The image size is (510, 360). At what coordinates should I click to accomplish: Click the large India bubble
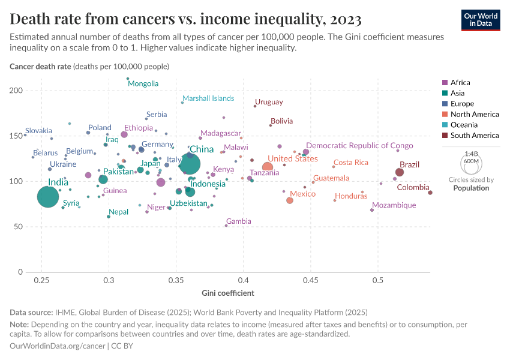[48, 196]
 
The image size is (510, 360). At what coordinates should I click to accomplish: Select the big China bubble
[190, 163]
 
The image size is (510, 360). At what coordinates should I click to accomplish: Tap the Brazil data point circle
[400, 172]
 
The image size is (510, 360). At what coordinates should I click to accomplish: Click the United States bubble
[268, 167]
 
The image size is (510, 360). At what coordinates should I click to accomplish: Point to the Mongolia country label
[143, 83]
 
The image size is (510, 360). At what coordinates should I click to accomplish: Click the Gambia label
[238, 221]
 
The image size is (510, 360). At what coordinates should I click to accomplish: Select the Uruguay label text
[269, 102]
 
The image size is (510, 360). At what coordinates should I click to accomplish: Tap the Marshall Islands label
[208, 98]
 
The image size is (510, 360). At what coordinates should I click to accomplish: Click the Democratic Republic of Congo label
[359, 146]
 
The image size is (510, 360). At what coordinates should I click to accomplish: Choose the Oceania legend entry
[464, 125]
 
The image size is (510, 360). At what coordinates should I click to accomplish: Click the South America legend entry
[474, 136]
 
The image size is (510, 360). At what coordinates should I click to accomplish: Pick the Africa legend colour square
[444, 83]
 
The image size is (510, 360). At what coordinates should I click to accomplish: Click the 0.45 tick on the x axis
[311, 281]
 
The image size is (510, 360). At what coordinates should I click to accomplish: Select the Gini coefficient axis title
[227, 293]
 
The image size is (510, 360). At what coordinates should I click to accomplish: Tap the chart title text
[185, 19]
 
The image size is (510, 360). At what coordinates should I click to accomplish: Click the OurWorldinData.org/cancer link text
[58, 346]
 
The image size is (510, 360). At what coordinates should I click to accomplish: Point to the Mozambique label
[393, 205]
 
